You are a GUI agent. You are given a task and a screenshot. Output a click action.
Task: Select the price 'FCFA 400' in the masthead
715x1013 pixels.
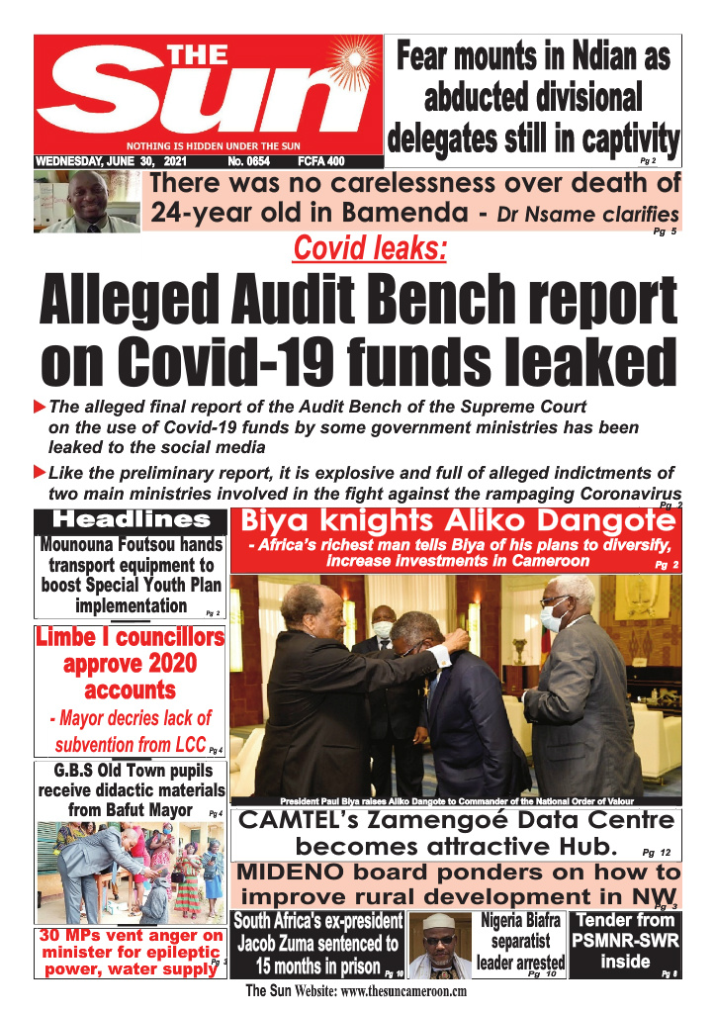click(x=320, y=160)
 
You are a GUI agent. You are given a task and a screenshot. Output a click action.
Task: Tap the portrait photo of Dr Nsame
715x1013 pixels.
click(x=87, y=202)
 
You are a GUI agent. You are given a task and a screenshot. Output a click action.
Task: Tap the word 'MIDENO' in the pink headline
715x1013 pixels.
click(x=298, y=873)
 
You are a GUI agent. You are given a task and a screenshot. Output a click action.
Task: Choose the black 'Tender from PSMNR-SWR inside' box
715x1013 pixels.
click(x=627, y=945)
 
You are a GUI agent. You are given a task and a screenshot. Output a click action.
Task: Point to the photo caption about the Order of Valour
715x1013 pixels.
click(x=456, y=800)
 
